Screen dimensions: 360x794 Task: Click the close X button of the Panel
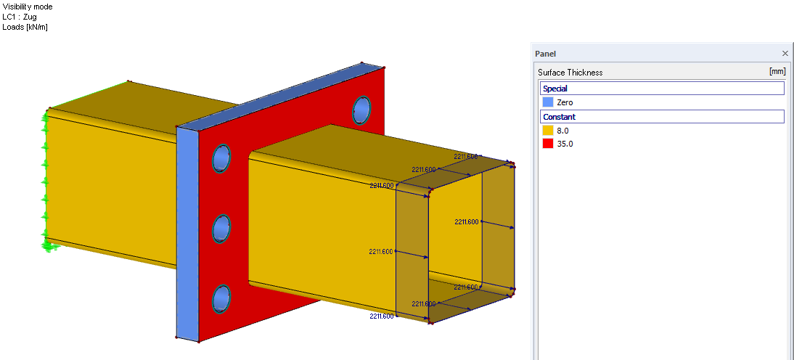[785, 54]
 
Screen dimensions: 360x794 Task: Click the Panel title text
[546, 54]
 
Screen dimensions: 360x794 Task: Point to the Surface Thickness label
[570, 73]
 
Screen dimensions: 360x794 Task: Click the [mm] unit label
[777, 72]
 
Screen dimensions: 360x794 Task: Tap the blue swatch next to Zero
[548, 102]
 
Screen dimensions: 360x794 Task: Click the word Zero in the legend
[565, 102]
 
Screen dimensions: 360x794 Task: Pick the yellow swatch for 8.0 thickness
[548, 131]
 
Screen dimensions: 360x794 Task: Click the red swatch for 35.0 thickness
[548, 144]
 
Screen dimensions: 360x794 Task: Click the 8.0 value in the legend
[562, 131]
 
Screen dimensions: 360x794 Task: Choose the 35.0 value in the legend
[565, 144]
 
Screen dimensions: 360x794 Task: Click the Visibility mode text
[28, 7]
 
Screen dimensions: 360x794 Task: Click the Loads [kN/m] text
[25, 27]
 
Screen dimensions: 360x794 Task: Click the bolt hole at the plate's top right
[361, 110]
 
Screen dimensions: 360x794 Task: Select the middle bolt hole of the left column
[221, 229]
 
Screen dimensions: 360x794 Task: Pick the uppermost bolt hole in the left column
[221, 158]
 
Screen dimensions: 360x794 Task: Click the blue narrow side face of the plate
[187, 232]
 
